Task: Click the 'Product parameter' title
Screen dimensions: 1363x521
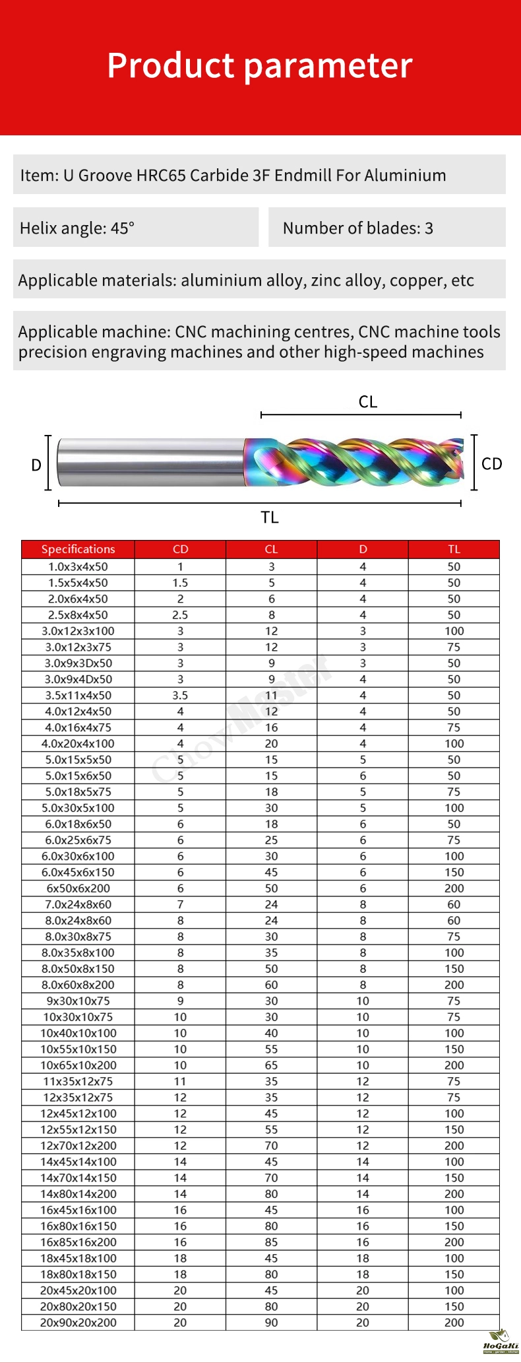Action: click(x=260, y=66)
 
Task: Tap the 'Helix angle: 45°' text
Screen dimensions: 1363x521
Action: click(x=77, y=228)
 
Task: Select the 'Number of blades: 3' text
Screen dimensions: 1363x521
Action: click(x=357, y=228)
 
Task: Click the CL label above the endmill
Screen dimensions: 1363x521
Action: click(x=368, y=402)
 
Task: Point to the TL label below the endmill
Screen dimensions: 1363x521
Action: click(x=270, y=517)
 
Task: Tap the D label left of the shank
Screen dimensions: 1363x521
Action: click(x=36, y=465)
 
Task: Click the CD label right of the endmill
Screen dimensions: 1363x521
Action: click(x=491, y=464)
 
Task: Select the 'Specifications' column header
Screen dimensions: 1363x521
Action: click(x=78, y=549)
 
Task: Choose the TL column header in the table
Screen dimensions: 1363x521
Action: click(x=454, y=549)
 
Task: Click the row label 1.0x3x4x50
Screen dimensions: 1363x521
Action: click(x=78, y=566)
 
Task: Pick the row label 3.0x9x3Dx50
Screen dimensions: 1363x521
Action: click(x=78, y=663)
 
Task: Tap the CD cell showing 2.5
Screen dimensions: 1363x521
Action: click(x=180, y=615)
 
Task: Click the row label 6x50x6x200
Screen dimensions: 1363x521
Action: click(x=78, y=888)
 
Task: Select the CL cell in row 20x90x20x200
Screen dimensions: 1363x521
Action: click(x=271, y=1323)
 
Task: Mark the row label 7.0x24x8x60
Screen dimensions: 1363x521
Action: click(x=78, y=904)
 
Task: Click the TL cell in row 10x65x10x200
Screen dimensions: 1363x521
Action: click(x=454, y=1065)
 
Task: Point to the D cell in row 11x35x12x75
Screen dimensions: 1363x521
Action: click(x=363, y=1081)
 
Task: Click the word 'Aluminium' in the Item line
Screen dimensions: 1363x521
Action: click(x=405, y=176)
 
